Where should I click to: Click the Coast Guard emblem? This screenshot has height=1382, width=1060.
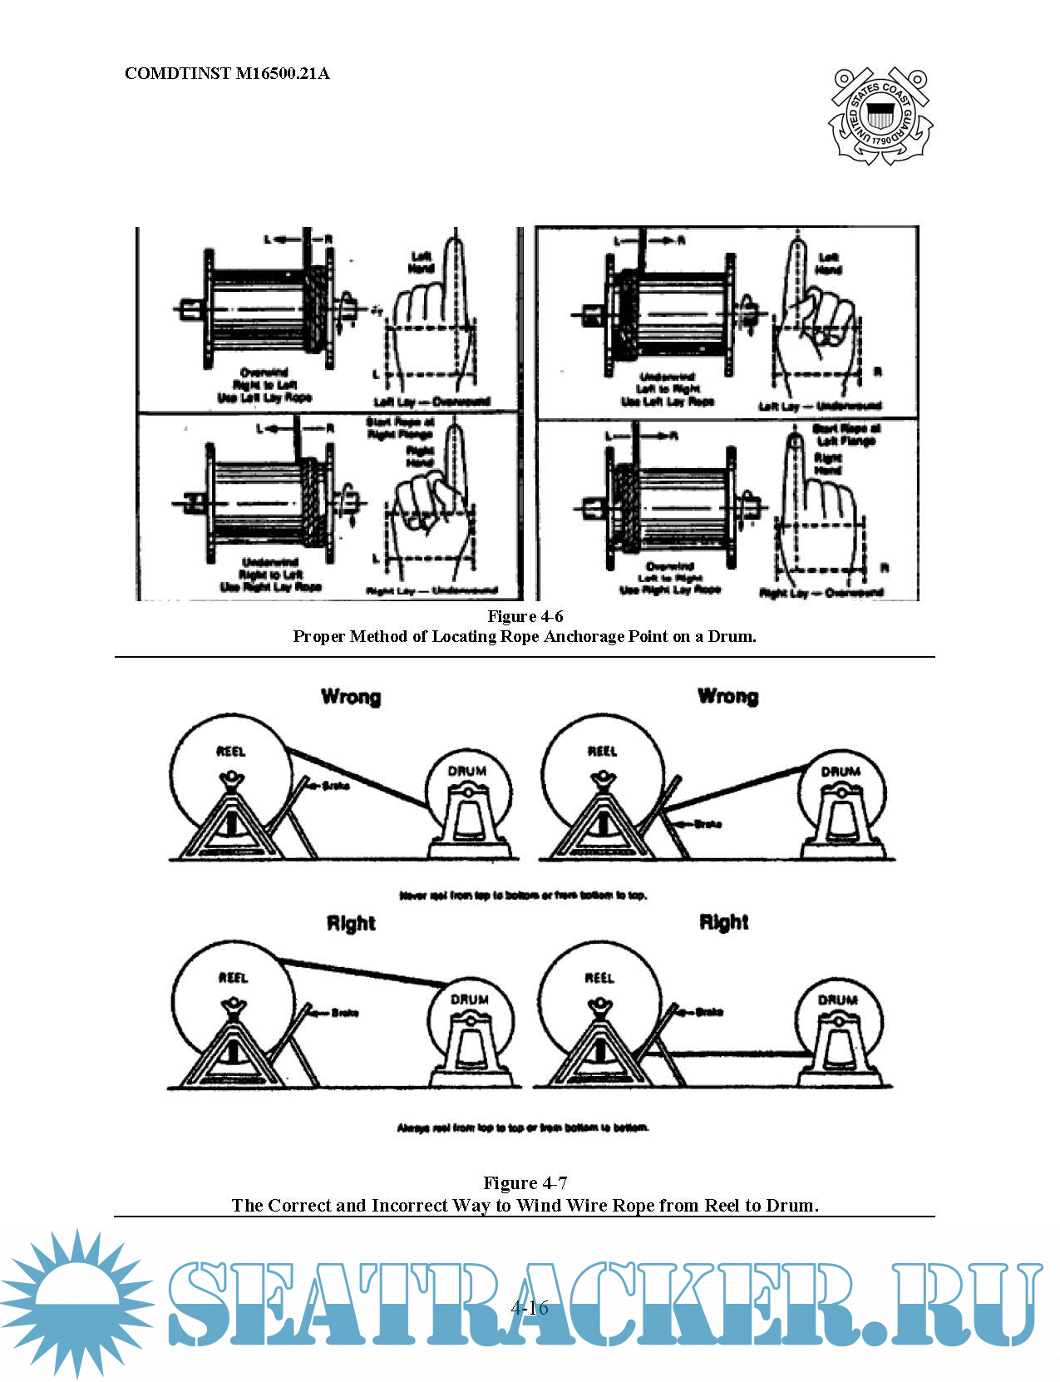click(x=880, y=116)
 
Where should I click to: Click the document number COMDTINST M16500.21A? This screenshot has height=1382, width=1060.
click(x=227, y=73)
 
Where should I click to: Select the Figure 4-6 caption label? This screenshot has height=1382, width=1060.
click(x=525, y=616)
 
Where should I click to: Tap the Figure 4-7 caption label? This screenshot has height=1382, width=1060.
click(x=525, y=1182)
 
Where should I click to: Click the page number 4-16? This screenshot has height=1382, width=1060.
click(x=530, y=1307)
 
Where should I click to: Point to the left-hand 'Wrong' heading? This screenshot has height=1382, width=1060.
click(x=351, y=697)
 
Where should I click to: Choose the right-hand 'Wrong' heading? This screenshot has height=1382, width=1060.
click(x=728, y=696)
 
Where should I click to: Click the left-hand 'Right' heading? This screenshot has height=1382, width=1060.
click(x=351, y=923)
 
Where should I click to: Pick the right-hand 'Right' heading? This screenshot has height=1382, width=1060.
click(x=723, y=922)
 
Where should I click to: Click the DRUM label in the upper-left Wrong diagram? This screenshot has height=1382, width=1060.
click(x=467, y=771)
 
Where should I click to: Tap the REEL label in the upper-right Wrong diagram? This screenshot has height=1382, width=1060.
click(x=603, y=752)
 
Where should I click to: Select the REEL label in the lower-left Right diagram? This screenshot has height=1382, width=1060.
click(x=233, y=978)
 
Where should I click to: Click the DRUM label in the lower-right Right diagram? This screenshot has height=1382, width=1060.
click(x=838, y=999)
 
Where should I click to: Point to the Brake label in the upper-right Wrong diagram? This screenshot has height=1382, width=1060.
click(x=707, y=824)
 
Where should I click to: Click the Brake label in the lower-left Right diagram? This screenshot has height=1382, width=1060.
click(x=344, y=1013)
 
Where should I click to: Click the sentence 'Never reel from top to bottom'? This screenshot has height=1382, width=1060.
click(x=523, y=896)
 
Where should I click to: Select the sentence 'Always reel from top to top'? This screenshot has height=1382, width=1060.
click(x=523, y=1128)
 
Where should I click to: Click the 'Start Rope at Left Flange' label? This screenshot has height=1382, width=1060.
click(x=846, y=435)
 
